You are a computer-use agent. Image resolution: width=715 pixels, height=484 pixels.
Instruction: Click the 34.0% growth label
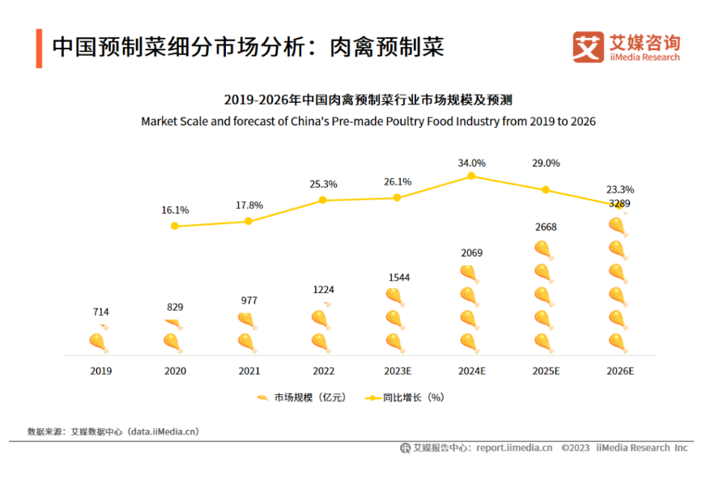pyautogui.click(x=471, y=163)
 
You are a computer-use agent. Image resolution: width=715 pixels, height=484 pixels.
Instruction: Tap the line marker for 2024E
pyautogui.click(x=471, y=176)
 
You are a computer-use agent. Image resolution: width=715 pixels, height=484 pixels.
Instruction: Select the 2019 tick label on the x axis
pyautogui.click(x=101, y=371)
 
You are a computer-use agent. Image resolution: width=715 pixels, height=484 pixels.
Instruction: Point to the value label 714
pyautogui.click(x=101, y=312)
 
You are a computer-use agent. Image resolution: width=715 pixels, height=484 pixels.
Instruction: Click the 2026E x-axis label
pyautogui.click(x=619, y=371)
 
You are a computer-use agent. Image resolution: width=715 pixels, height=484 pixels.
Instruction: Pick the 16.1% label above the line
pyautogui.click(x=175, y=210)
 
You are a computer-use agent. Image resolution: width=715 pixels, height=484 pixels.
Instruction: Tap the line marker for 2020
pyautogui.click(x=175, y=226)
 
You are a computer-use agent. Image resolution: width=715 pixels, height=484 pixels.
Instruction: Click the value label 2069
pyautogui.click(x=471, y=253)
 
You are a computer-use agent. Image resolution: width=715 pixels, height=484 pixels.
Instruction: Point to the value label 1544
pyautogui.click(x=398, y=278)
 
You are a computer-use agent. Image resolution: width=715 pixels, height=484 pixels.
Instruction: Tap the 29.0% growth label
pyautogui.click(x=546, y=163)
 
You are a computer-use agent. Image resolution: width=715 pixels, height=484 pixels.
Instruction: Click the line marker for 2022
pyautogui.click(x=323, y=200)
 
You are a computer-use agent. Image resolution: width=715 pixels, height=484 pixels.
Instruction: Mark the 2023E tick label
pyautogui.click(x=398, y=371)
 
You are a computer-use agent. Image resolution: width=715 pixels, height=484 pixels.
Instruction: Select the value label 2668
pyautogui.click(x=546, y=227)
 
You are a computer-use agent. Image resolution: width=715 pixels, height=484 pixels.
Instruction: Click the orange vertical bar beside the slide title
pyautogui.click(x=39, y=49)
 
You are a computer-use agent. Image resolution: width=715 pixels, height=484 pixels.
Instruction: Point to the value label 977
pyautogui.click(x=249, y=300)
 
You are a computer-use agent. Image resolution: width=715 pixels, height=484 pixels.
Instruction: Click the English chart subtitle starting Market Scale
pyautogui.click(x=368, y=121)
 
